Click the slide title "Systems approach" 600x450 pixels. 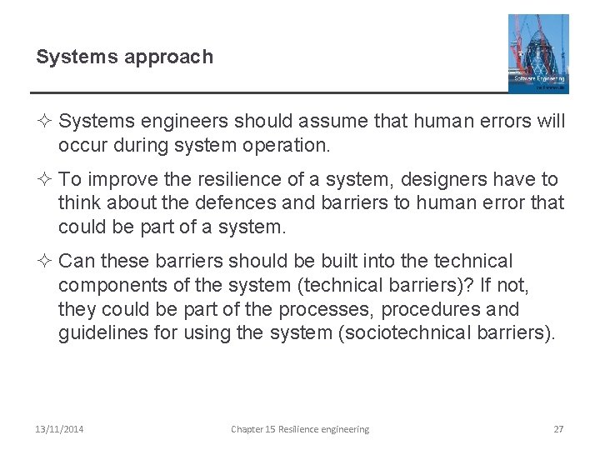coord(124,57)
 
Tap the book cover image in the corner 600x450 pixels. coord(538,52)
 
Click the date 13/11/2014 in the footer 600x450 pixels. coord(59,429)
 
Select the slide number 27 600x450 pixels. coord(558,429)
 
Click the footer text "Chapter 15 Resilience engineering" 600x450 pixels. coord(300,429)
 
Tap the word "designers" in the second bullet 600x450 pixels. coord(418,180)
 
